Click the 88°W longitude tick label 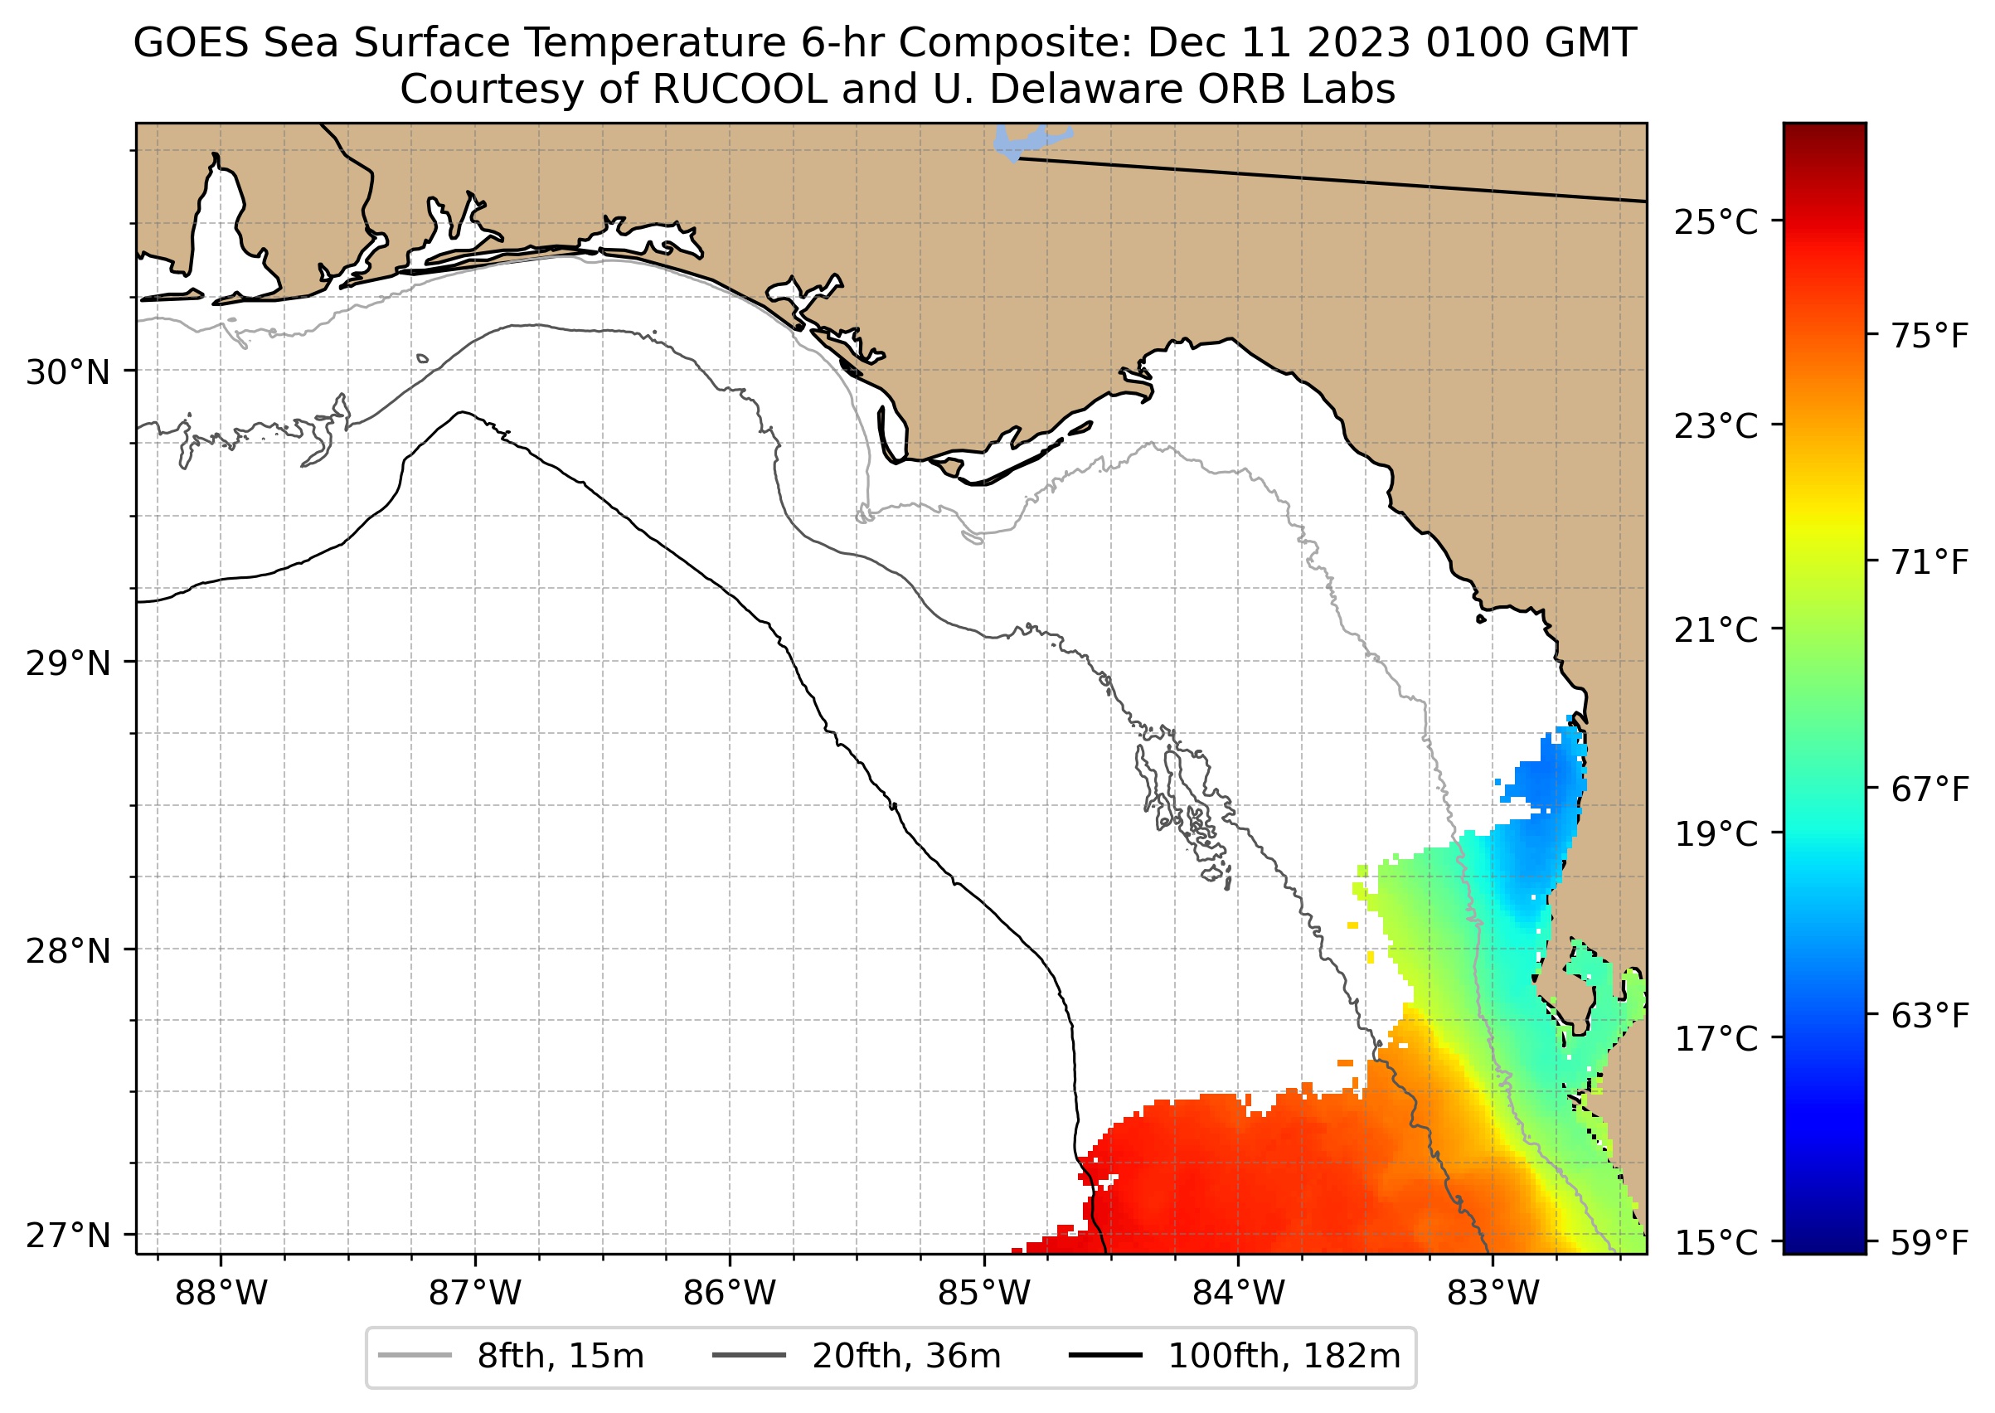point(221,1294)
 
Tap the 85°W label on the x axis point(984,1294)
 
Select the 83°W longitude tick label point(1493,1294)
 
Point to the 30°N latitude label point(68,372)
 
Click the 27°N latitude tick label point(68,1236)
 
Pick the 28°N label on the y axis point(68,951)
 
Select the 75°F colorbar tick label point(1929,335)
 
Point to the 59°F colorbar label point(1929,1243)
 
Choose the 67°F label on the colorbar point(1929,789)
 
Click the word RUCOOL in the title point(740,90)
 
